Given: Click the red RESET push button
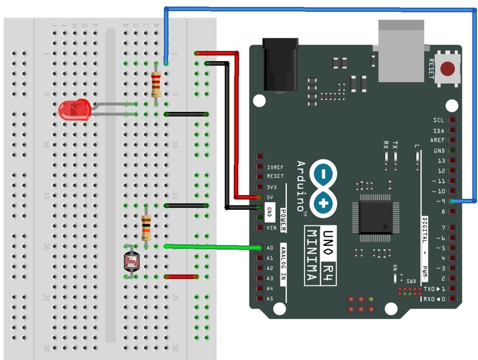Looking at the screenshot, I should (x=448, y=69).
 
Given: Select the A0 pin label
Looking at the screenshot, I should (x=270, y=248).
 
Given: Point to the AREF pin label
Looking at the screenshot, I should (x=437, y=140).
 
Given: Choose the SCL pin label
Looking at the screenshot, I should (x=439, y=120).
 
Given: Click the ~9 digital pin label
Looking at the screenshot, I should (x=440, y=202).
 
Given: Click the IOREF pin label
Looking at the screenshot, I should (x=275, y=167).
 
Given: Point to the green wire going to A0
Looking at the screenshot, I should (x=211, y=247).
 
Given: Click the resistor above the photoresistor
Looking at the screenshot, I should (x=146, y=227).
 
